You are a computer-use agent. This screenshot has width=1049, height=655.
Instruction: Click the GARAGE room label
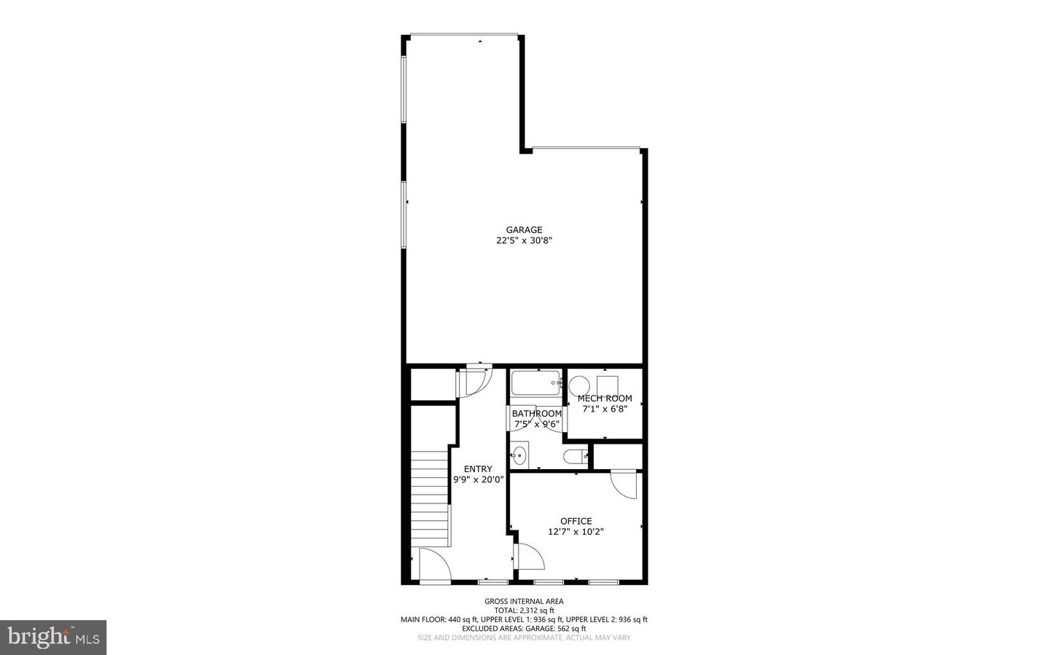[x=524, y=230]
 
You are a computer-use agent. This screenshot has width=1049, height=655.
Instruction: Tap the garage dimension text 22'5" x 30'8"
[x=524, y=240]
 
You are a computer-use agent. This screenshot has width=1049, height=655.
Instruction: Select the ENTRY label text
[x=478, y=469]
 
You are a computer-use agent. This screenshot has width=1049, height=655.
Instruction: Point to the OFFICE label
[x=575, y=521]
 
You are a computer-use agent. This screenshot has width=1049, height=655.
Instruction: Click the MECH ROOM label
[x=605, y=399]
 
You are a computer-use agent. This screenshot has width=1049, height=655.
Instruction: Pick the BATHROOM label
[x=537, y=414]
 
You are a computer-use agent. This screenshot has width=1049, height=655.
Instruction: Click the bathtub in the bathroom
[x=535, y=383]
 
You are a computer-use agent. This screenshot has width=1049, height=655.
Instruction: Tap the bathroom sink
[x=519, y=456]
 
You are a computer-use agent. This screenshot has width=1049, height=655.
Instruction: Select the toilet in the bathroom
[x=576, y=457]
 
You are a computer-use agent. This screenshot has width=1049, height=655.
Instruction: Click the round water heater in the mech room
[x=580, y=385]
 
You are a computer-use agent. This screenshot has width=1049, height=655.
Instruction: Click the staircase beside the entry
[x=430, y=498]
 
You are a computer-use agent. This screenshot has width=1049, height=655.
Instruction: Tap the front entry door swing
[x=433, y=565]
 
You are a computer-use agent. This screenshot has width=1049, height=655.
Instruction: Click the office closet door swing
[x=624, y=484]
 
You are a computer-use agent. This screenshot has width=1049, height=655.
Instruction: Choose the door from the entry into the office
[x=529, y=557]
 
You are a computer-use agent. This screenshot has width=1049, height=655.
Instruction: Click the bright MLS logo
[x=53, y=638]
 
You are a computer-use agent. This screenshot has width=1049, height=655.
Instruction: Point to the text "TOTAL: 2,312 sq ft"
[x=524, y=611]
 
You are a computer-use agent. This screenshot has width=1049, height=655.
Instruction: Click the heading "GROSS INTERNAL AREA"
[x=524, y=601]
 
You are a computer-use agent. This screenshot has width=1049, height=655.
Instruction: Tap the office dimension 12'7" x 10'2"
[x=575, y=532]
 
